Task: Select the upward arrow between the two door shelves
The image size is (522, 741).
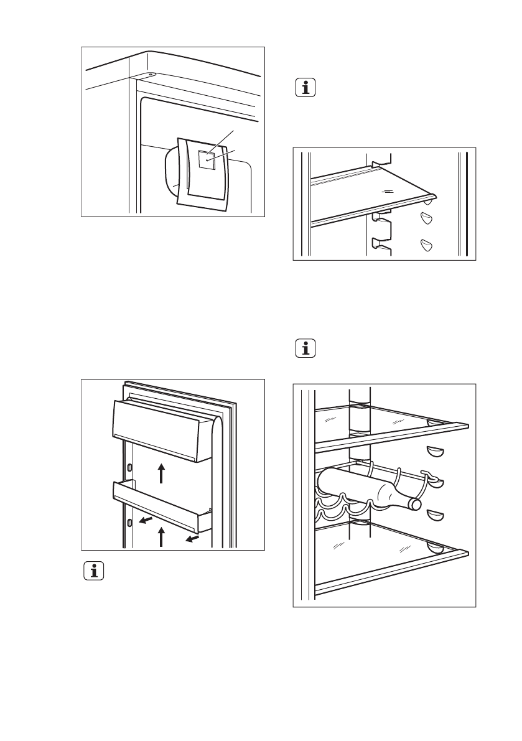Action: pos(161,473)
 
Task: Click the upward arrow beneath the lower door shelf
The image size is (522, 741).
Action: pos(161,536)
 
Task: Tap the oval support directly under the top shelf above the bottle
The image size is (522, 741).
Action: pos(434,451)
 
